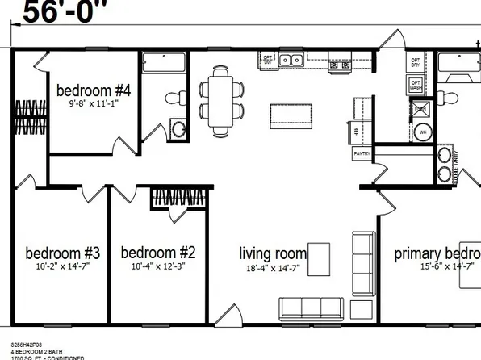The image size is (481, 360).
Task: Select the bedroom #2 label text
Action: click(x=153, y=251)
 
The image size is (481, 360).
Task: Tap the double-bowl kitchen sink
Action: click(x=291, y=60)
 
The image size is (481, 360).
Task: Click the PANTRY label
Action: click(x=361, y=153)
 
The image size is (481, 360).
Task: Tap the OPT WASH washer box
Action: click(x=416, y=84)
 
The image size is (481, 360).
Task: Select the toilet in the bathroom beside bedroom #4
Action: click(x=172, y=98)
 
